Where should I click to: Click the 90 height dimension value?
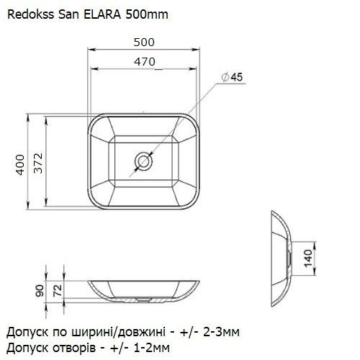pyautogui.click(x=40, y=289)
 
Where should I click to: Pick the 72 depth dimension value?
pyautogui.click(x=58, y=289)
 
